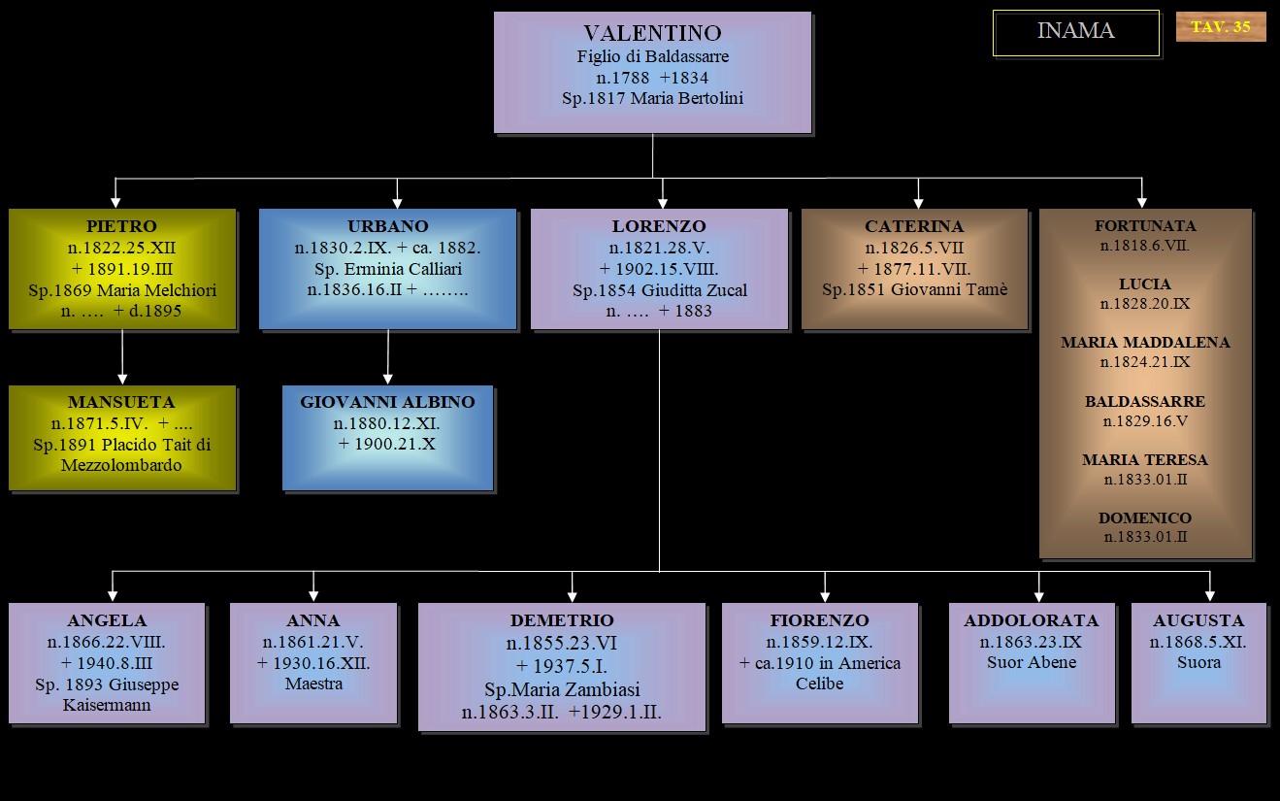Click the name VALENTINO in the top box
tap(652, 34)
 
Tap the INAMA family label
tap(1075, 31)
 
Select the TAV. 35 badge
tap(1221, 27)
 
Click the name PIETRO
tap(121, 227)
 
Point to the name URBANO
tap(387, 227)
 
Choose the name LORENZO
tap(659, 227)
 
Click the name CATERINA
tap(914, 227)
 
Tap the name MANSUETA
tap(121, 402)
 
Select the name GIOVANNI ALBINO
tap(387, 402)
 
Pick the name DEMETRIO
tap(562, 620)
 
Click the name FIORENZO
tap(820, 620)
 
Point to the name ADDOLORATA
tap(1031, 620)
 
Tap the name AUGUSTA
tap(1198, 620)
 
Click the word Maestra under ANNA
tap(313, 684)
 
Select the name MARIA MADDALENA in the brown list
tap(1145, 343)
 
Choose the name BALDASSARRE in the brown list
tap(1145, 401)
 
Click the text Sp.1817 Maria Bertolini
tap(652, 98)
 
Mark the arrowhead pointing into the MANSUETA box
tap(122, 379)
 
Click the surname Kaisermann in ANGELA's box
tap(107, 705)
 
